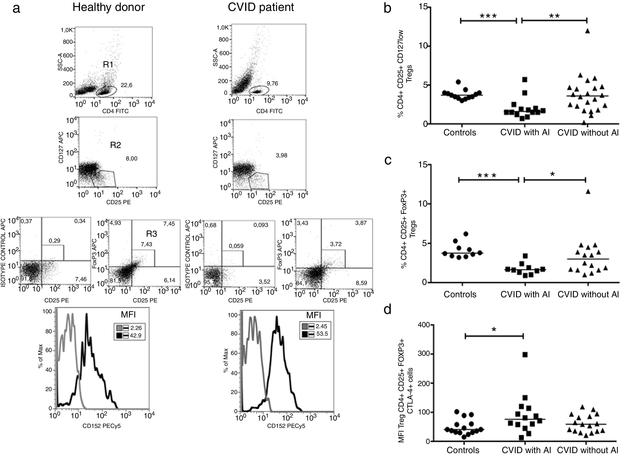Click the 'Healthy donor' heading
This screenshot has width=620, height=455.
108,7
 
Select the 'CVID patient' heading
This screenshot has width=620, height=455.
261,7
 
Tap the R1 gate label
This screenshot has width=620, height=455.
108,65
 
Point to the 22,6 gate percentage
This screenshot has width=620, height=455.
126,85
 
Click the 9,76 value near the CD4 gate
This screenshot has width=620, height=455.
272,83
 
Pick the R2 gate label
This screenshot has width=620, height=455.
116,145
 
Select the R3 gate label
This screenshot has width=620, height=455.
151,234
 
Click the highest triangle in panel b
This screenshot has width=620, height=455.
587,31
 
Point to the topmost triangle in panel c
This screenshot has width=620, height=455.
588,192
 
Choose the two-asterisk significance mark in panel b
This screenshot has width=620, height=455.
554,16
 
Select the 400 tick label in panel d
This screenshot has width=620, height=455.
424,325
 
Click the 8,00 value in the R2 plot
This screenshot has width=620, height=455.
132,159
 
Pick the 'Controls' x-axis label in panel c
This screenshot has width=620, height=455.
460,294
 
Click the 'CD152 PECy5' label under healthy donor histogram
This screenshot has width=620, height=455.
102,426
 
